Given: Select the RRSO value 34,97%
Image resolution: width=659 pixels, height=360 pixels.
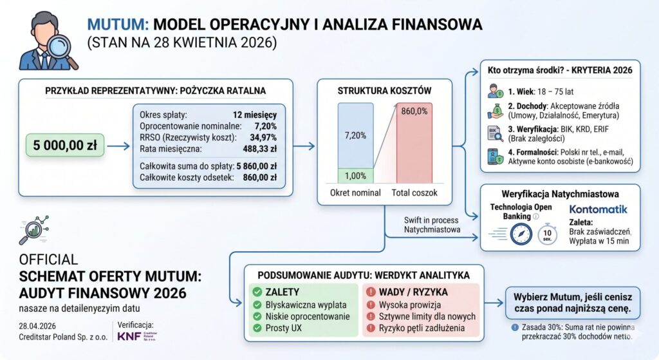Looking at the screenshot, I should [261, 137].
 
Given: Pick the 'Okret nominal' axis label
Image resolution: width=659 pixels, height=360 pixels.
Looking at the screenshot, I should [356, 193].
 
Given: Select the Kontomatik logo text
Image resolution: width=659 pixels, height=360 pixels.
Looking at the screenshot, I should [598, 209].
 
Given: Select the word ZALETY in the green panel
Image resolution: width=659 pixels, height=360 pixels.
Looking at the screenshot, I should [286, 292].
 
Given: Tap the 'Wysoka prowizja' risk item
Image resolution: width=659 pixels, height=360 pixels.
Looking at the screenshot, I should [409, 304].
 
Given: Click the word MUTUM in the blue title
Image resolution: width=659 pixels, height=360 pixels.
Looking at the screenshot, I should [116, 24].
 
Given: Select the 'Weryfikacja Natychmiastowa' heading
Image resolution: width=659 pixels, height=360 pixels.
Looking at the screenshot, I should [560, 194].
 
